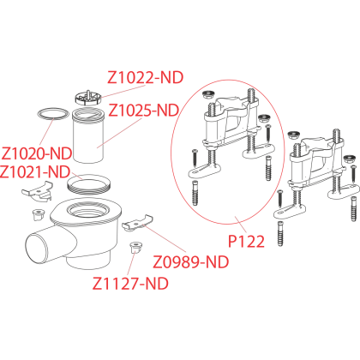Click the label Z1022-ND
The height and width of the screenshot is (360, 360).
[x=145, y=77]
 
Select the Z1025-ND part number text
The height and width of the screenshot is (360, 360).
[x=144, y=110]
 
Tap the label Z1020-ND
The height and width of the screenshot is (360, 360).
[x=37, y=153]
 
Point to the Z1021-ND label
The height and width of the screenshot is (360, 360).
[x=35, y=171]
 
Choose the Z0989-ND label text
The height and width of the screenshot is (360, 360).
[x=191, y=261]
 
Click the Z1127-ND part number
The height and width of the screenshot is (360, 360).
[x=130, y=284]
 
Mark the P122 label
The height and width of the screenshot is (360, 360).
[x=246, y=242]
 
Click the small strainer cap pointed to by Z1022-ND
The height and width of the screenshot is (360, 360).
[x=88, y=98]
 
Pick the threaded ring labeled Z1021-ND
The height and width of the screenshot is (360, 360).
[x=88, y=185]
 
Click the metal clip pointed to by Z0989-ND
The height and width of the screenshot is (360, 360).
[x=137, y=223]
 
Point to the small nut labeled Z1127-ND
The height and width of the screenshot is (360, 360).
[x=136, y=248]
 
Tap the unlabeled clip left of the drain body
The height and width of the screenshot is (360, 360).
[x=38, y=191]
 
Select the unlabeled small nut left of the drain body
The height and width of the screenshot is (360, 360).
[x=38, y=214]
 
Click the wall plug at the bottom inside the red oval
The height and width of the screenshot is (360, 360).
[x=195, y=193]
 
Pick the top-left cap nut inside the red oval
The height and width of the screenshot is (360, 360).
[x=207, y=94]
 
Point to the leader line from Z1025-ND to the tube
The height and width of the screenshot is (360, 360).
[x=119, y=133]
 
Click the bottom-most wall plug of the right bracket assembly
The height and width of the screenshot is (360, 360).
[x=280, y=234]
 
